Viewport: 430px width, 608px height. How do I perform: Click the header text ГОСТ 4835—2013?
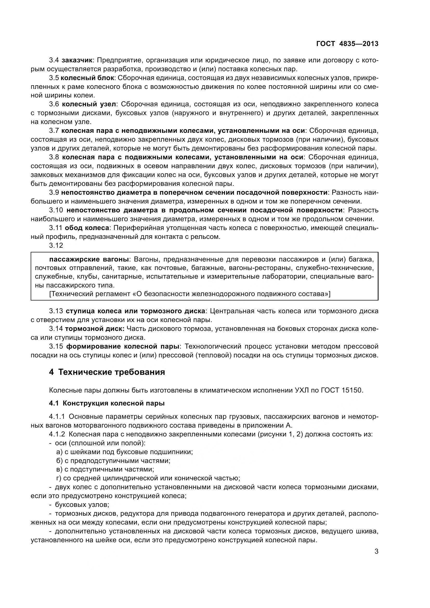point(347,44)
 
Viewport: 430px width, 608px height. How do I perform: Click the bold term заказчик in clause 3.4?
point(77,60)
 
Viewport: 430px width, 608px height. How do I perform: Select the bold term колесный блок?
point(87,78)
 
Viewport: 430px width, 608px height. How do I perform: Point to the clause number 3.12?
point(56,245)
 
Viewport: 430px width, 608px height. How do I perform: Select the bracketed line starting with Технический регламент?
point(190,294)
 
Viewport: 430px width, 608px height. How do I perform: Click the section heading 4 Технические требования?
point(107,372)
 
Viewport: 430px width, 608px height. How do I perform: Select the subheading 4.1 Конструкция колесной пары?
point(107,403)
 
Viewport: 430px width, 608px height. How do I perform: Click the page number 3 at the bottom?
point(376,552)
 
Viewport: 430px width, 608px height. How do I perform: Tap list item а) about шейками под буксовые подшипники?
point(125,452)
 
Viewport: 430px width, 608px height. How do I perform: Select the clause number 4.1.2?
point(57,434)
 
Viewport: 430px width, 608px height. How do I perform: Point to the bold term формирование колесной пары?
point(123,346)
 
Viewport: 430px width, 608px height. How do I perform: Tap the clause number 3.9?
point(54,193)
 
